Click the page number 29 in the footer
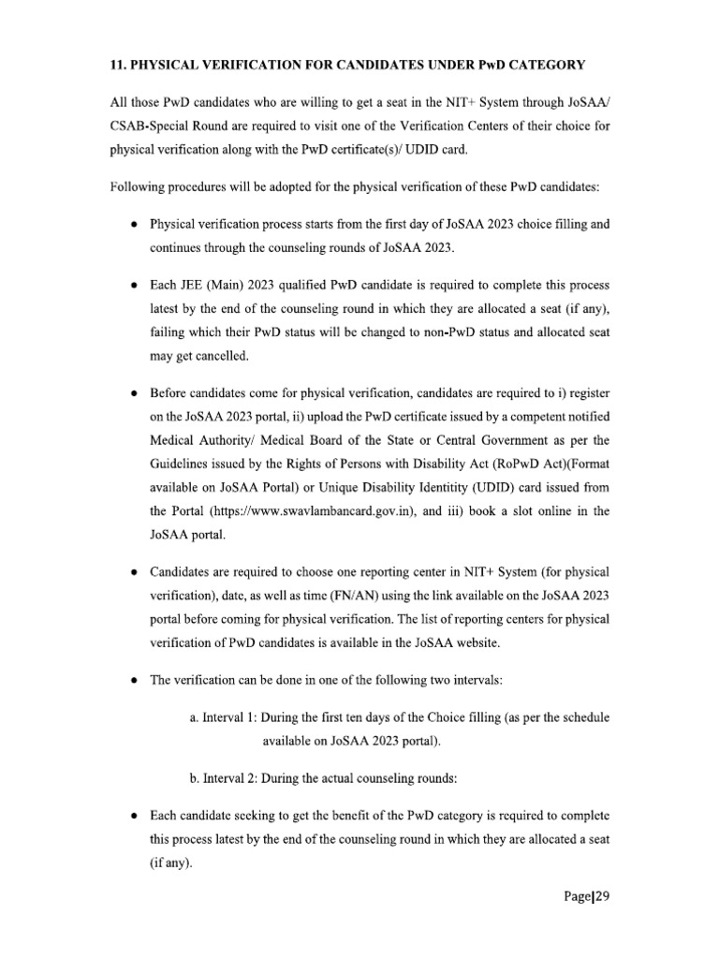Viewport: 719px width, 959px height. coord(602,894)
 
